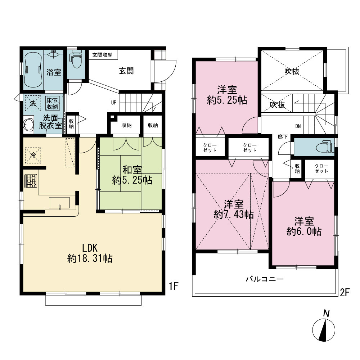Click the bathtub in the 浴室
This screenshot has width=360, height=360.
[33, 70]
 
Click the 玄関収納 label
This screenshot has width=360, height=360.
[102, 55]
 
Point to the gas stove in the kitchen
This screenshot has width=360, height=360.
[31, 181]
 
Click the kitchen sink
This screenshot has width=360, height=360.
[59, 203]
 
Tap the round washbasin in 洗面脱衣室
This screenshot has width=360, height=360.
[28, 124]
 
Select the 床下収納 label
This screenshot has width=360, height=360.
[52, 104]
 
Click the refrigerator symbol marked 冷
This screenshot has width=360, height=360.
[33, 156]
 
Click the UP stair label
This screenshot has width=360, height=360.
[114, 103]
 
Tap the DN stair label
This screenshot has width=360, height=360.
[298, 126]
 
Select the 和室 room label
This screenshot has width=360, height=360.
[132, 170]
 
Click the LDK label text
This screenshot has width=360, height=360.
[90, 248]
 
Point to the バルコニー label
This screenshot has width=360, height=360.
[265, 279]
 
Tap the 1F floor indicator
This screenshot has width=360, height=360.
[174, 286]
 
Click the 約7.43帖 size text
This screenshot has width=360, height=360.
[234, 215]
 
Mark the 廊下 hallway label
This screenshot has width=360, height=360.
[283, 137]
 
